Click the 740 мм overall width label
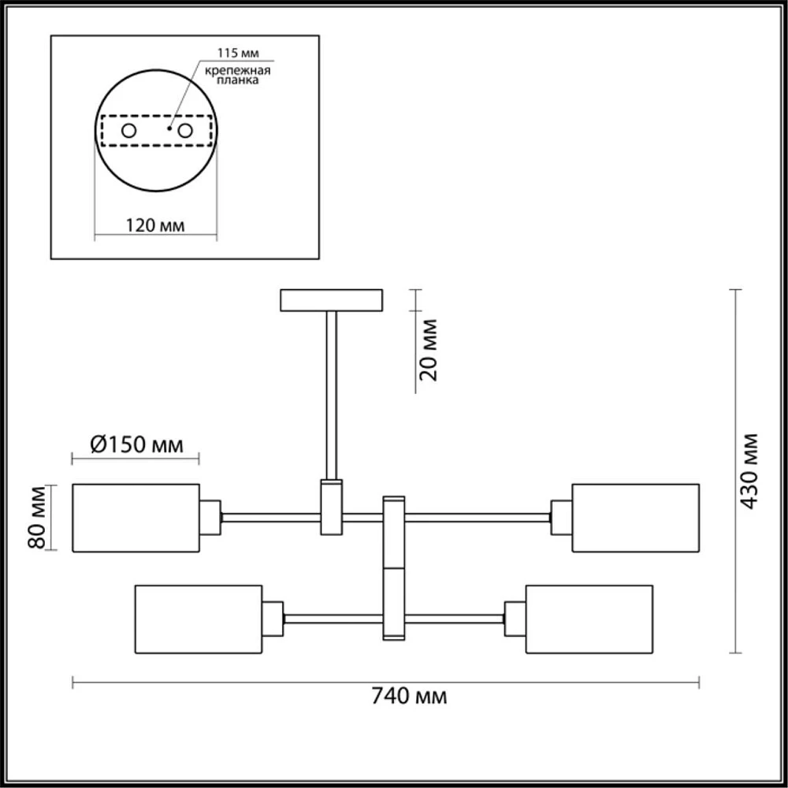pos(409,697)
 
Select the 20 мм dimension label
pos(429,350)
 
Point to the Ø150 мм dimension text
pos(136,444)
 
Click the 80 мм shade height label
pos(37,517)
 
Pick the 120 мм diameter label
pos(154,225)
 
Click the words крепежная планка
pos(238,75)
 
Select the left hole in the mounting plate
pos(128,131)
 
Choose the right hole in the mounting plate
pos(185,131)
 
